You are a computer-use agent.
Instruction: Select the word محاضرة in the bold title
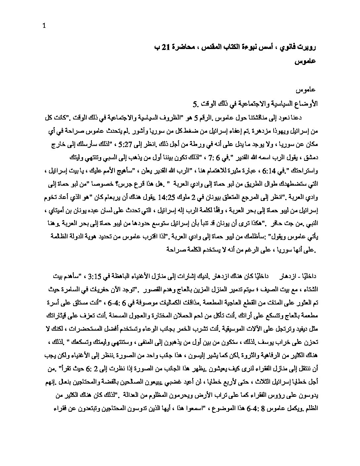(x=186, y=47)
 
